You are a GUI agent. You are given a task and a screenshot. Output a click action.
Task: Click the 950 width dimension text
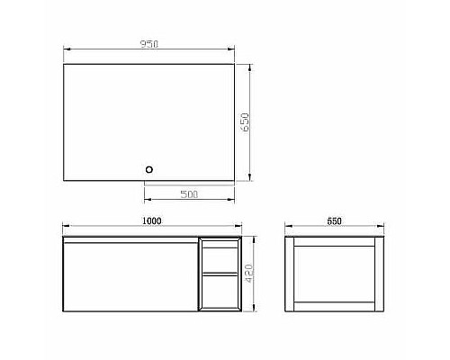tap(149, 44)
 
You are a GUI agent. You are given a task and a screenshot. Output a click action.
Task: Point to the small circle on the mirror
tap(150, 167)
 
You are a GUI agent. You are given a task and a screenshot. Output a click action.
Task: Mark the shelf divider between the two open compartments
tap(220, 273)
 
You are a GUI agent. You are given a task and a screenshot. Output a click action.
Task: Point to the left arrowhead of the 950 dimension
tap(64, 51)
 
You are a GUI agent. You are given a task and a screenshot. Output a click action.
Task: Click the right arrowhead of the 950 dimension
tap(233, 51)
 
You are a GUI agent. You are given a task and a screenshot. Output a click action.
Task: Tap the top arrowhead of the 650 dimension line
tap(252, 65)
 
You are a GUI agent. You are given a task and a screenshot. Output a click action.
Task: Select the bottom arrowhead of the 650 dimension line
tap(252, 177)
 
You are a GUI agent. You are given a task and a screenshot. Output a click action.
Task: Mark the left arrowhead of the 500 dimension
tap(146, 200)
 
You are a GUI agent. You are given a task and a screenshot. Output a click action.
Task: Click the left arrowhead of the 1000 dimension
tap(62, 229)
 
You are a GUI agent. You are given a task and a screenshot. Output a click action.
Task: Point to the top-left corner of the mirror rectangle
tap(63, 63)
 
